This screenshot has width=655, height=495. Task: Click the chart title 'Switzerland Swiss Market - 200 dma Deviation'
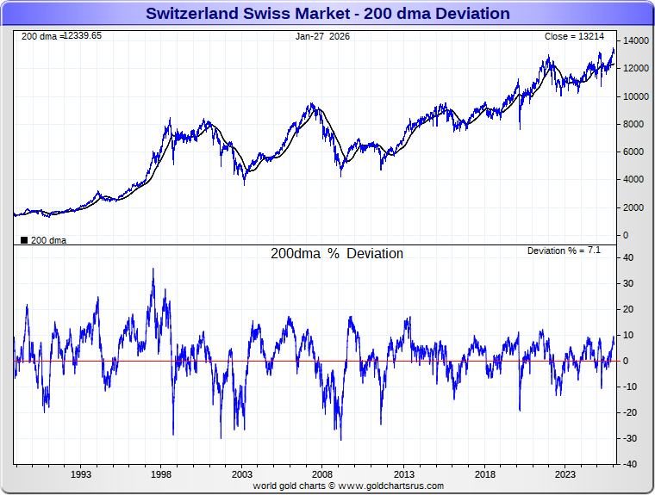click(327, 14)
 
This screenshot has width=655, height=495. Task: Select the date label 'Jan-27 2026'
click(322, 37)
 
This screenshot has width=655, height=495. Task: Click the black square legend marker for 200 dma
click(23, 240)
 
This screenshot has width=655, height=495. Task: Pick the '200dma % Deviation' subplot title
click(337, 254)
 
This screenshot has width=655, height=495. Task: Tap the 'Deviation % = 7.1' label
click(564, 251)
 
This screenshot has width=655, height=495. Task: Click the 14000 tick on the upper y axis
click(636, 41)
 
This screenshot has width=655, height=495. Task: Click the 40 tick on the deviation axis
click(630, 257)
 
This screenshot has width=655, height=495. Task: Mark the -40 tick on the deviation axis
click(630, 464)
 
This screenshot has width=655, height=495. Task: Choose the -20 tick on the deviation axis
click(630, 412)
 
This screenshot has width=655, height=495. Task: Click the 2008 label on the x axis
click(322, 473)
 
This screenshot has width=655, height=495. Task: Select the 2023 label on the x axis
click(565, 473)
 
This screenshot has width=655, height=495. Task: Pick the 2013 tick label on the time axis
click(403, 473)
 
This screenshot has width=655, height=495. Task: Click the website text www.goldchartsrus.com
click(390, 486)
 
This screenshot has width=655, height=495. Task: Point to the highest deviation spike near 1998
click(153, 269)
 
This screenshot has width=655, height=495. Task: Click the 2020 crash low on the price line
click(520, 129)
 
